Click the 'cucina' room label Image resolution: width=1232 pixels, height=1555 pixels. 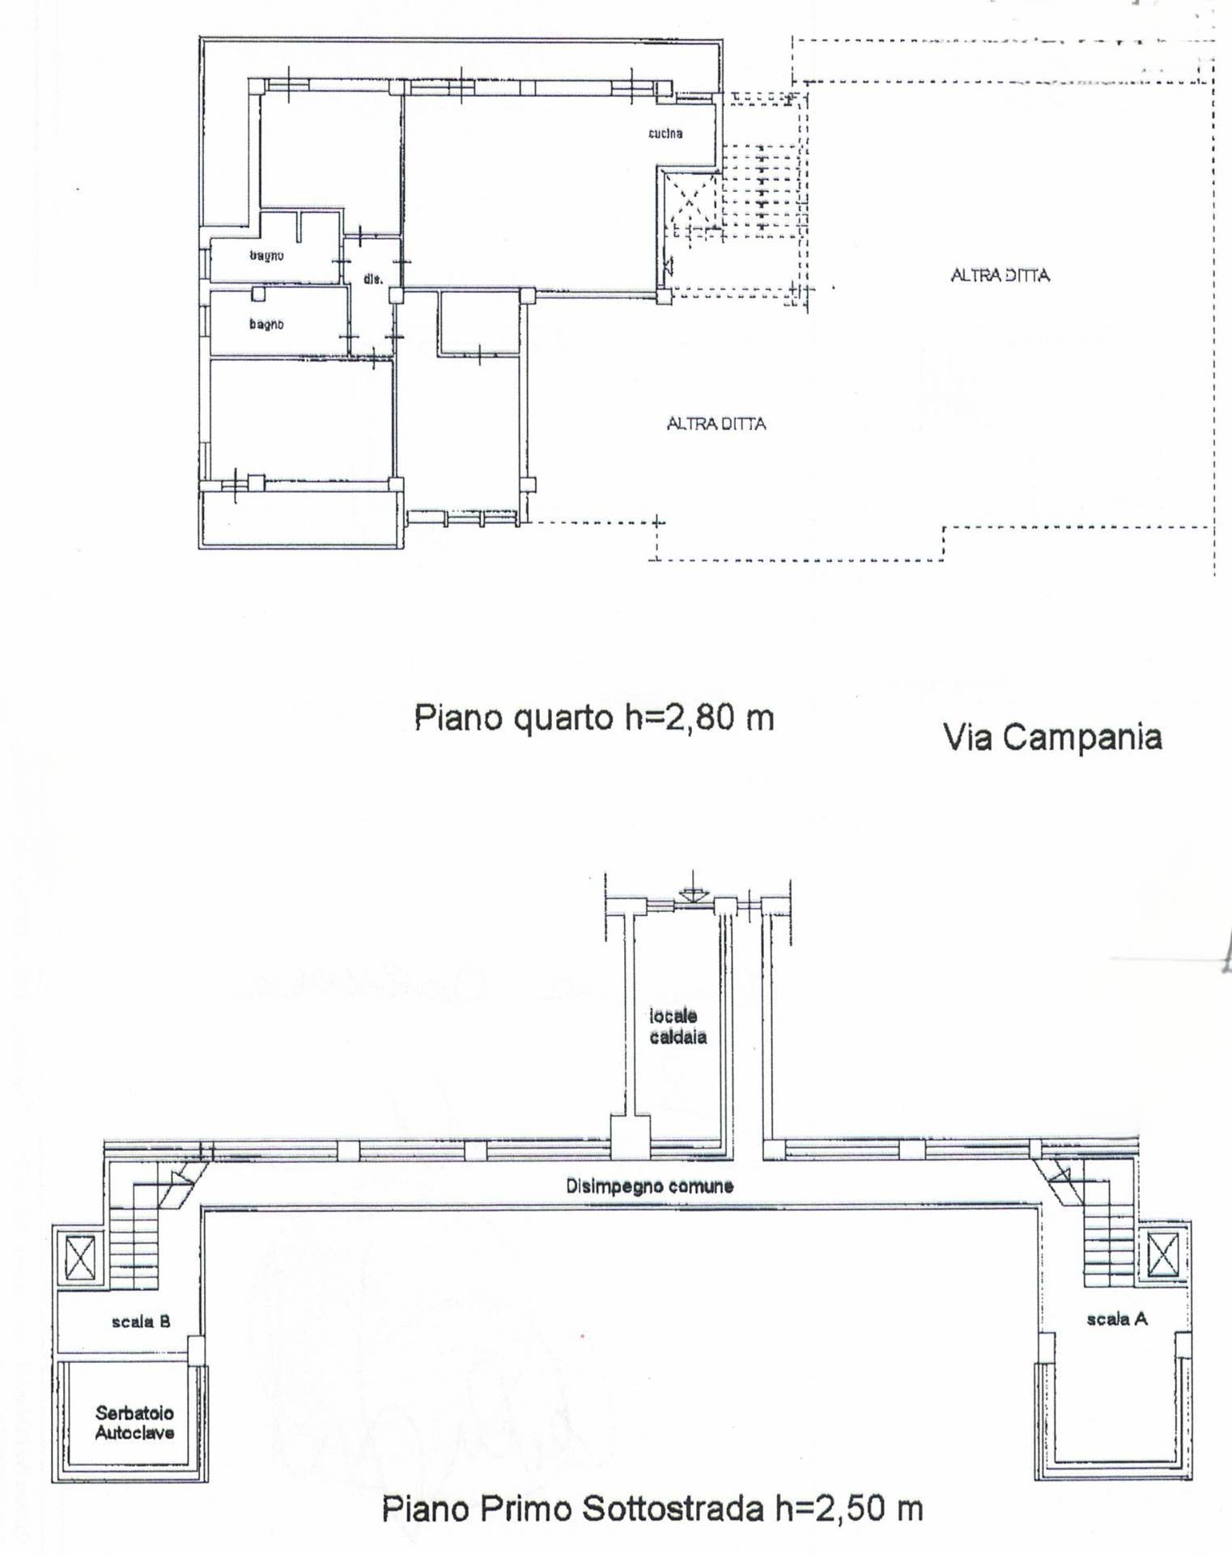click(x=665, y=133)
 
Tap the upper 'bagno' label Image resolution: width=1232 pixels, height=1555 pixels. click(x=266, y=255)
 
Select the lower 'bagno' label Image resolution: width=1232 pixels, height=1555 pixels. click(x=266, y=324)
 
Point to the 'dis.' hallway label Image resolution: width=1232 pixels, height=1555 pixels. click(x=372, y=279)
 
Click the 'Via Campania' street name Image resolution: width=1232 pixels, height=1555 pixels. click(x=1052, y=737)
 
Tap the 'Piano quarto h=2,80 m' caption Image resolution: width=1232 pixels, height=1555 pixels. click(x=594, y=718)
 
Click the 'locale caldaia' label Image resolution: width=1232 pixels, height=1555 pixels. click(x=678, y=1026)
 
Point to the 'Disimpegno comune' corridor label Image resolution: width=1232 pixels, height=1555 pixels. click(x=649, y=1186)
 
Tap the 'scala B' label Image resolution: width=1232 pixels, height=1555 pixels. click(x=141, y=1322)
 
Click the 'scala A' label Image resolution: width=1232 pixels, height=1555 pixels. click(x=1117, y=1319)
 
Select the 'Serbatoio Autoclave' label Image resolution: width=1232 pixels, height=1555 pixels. click(x=134, y=1423)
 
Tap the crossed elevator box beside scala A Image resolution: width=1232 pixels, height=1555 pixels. click(x=1162, y=1256)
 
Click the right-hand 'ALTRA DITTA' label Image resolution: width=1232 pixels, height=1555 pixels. click(x=1000, y=275)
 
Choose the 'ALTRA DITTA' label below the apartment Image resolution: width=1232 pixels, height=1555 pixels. click(x=716, y=424)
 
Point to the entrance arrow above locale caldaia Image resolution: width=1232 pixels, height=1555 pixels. click(x=691, y=888)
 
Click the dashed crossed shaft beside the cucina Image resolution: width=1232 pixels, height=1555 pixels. click(x=689, y=201)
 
